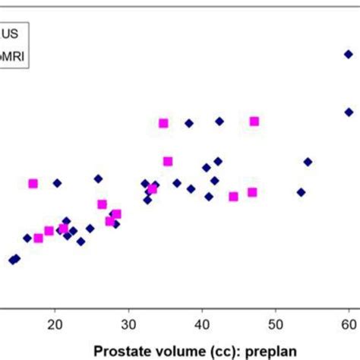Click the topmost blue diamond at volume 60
coord(349,54)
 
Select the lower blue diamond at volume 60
coord(349,112)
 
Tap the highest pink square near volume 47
coord(254,121)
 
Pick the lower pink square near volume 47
coord(252,192)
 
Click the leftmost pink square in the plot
coord(33,183)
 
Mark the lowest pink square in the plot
coord(38,238)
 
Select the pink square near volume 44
coord(233,197)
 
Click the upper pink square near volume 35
coord(163,123)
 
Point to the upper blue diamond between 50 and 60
coord(308,162)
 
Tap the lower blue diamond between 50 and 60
coord(301,192)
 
